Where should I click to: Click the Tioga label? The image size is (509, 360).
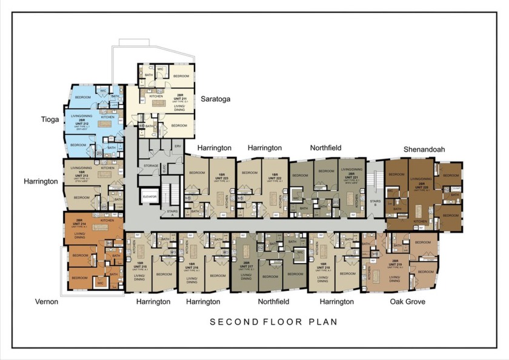click(50, 119)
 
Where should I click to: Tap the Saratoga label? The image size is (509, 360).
click(215, 99)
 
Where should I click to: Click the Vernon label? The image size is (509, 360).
click(46, 301)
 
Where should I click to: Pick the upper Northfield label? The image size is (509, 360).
click(325, 147)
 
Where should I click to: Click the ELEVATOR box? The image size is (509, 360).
click(150, 197)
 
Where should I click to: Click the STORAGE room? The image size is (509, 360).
click(150, 165)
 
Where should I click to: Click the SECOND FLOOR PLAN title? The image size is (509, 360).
click(273, 322)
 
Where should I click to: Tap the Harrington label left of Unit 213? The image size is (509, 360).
click(40, 181)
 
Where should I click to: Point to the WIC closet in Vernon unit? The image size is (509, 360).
click(100, 282)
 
